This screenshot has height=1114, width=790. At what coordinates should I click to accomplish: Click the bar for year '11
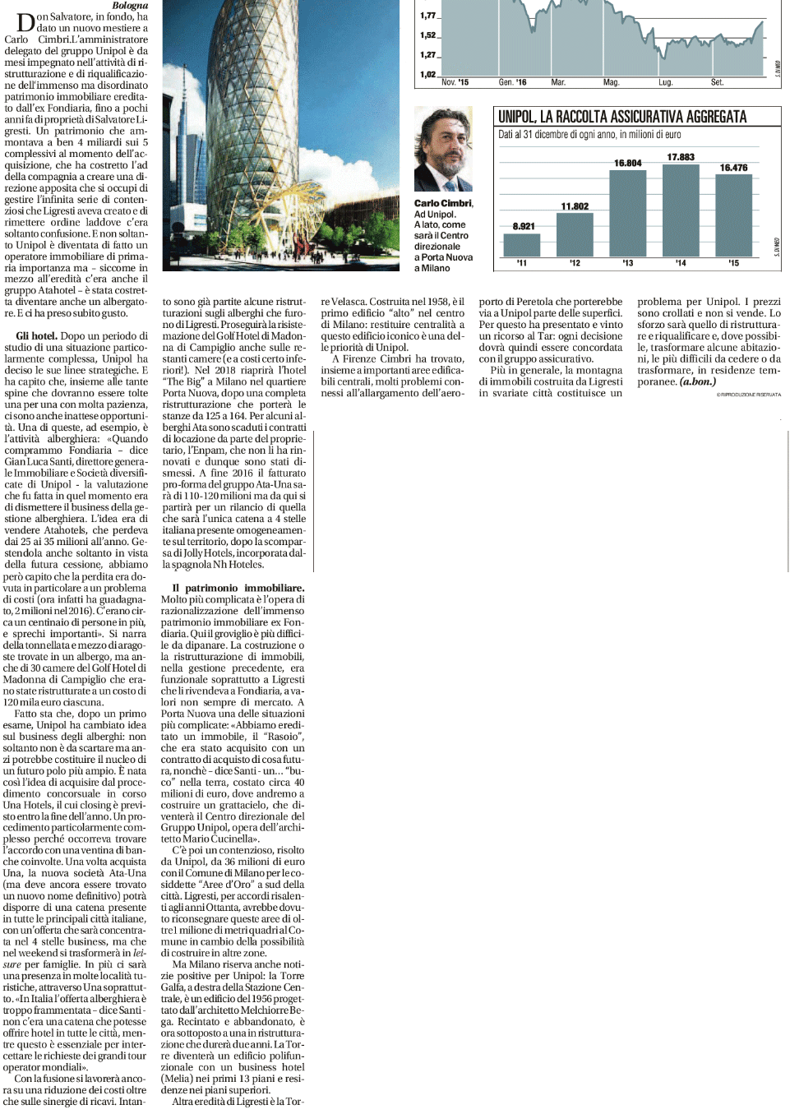click(x=522, y=245)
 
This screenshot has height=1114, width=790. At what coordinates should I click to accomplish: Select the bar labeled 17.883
click(x=681, y=210)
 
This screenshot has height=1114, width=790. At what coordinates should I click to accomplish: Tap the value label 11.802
click(x=575, y=206)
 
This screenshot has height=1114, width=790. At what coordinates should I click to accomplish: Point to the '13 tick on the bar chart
click(x=628, y=263)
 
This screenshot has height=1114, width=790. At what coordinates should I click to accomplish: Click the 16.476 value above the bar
click(x=733, y=168)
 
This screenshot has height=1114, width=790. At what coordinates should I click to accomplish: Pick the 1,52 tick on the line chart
click(x=427, y=35)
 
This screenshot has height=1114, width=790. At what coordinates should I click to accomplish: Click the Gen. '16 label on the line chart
click(x=512, y=82)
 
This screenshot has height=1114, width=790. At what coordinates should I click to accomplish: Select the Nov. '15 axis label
click(x=455, y=82)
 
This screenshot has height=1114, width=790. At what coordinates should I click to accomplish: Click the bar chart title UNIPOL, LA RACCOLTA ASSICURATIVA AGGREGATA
click(x=622, y=117)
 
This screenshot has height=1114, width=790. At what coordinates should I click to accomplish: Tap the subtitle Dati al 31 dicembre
click(x=589, y=135)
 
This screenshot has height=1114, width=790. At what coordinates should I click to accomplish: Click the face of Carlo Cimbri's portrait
click(x=442, y=144)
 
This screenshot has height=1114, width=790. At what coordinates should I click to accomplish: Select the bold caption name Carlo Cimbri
click(x=443, y=203)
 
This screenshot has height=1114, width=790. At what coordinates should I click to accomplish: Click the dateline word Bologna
click(x=130, y=6)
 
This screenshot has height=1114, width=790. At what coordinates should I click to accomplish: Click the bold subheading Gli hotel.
click(x=36, y=335)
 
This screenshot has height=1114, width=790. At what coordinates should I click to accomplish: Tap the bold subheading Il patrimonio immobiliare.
click(x=238, y=588)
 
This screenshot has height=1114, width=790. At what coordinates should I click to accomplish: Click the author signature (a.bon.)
click(x=697, y=381)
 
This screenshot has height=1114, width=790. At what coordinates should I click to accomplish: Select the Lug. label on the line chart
click(x=665, y=82)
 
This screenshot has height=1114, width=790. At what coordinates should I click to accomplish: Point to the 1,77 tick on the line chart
click(x=427, y=16)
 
